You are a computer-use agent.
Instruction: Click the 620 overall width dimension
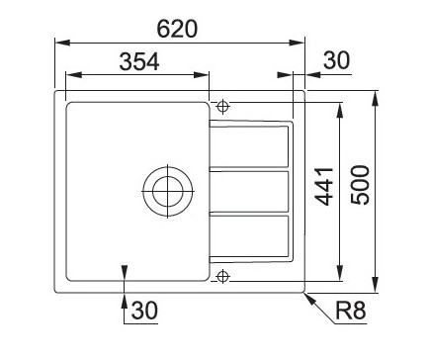(177, 29)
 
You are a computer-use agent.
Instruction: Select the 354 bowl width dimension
(139, 61)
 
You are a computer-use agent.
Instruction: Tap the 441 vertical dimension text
(324, 187)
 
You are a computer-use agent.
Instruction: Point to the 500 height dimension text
(360, 185)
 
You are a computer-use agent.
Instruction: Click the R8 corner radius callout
(351, 311)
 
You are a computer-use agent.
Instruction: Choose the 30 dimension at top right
(336, 60)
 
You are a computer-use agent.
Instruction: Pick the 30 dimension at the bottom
(144, 311)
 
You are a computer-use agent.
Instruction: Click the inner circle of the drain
(168, 191)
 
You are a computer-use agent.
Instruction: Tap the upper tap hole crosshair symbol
(223, 107)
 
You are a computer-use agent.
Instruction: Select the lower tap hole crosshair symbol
(223, 276)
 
